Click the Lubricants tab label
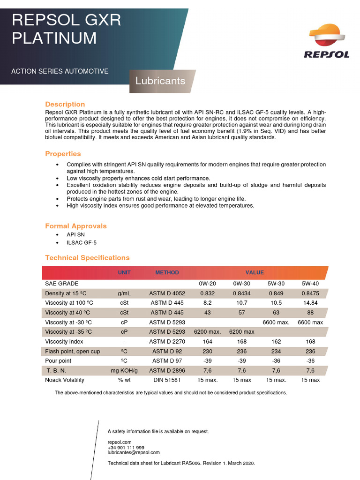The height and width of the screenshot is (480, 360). pos(160,81)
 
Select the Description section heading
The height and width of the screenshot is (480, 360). pos(65,104)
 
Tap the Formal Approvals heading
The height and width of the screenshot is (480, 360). pos(76,226)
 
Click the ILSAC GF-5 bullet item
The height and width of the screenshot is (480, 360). pos(82,243)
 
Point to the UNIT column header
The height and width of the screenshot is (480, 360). pos(124,272)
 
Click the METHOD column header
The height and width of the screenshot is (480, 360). pos(167,272)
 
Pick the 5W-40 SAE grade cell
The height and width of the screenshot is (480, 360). pos(310,284)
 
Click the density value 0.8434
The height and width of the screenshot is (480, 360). pos(241,293)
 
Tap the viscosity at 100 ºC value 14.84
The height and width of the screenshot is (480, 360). pos(310,303)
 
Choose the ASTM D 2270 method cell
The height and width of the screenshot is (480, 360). pos(167,342)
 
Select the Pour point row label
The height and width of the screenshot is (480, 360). pos(59,361)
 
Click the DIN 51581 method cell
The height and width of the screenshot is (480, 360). pos(167,380)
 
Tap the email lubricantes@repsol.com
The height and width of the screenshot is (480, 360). pos(134,452)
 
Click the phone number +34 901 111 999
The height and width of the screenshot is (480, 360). pos(126,448)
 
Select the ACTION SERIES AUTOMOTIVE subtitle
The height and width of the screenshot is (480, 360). pos(60,71)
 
